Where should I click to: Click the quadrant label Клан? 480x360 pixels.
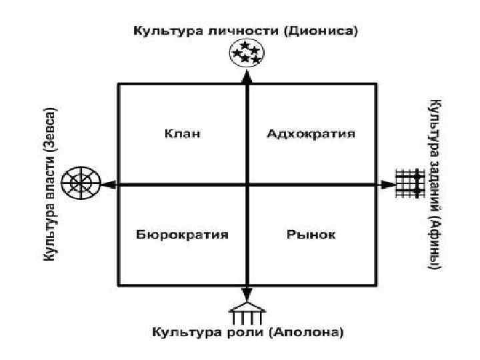183,133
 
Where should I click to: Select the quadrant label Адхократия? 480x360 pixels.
311,133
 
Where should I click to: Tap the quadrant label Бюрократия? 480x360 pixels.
183,235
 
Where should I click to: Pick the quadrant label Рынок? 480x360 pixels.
311,235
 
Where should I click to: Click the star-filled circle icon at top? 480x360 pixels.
246,53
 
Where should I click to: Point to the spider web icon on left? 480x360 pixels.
81,183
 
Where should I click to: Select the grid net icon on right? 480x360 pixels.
410,183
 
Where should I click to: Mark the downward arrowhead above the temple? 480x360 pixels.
247,294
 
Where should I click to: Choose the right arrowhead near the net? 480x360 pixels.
387,184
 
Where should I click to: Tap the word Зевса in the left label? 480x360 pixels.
50,127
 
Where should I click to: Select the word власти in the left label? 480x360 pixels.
50,185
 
